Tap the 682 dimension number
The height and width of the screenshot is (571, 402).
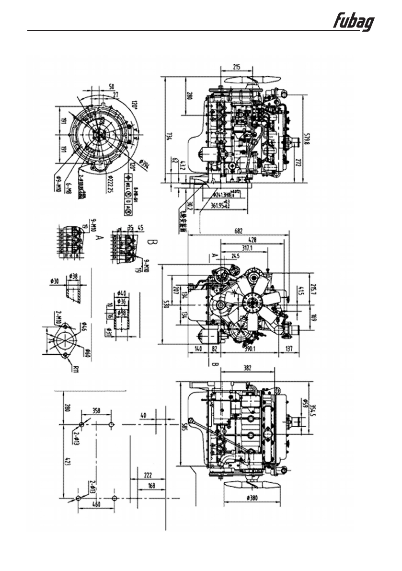[238, 231]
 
